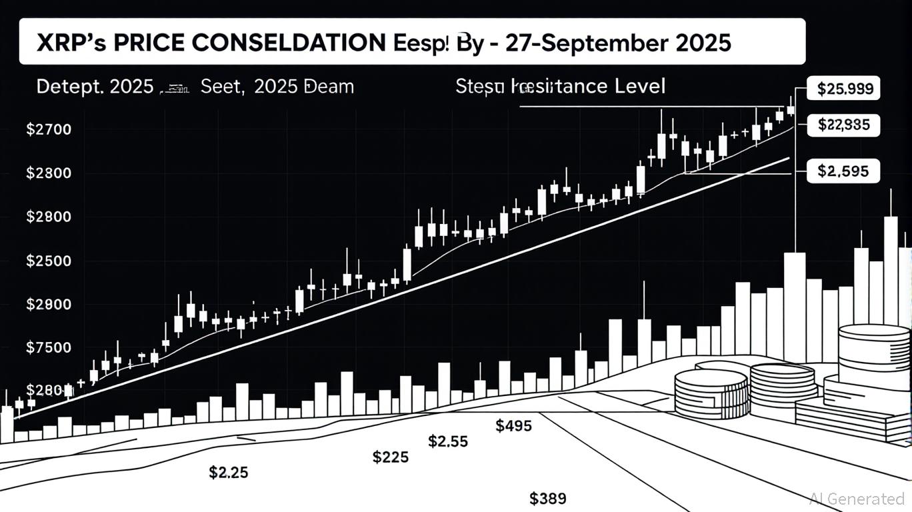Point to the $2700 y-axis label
point(48,129)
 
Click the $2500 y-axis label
point(48,261)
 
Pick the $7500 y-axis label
point(48,347)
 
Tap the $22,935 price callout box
point(843,125)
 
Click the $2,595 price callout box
point(843,171)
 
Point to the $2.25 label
point(229,473)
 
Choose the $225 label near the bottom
point(391,457)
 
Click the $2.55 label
point(447,441)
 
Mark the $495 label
point(514,425)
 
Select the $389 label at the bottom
point(548,498)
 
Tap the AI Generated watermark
point(857,498)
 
